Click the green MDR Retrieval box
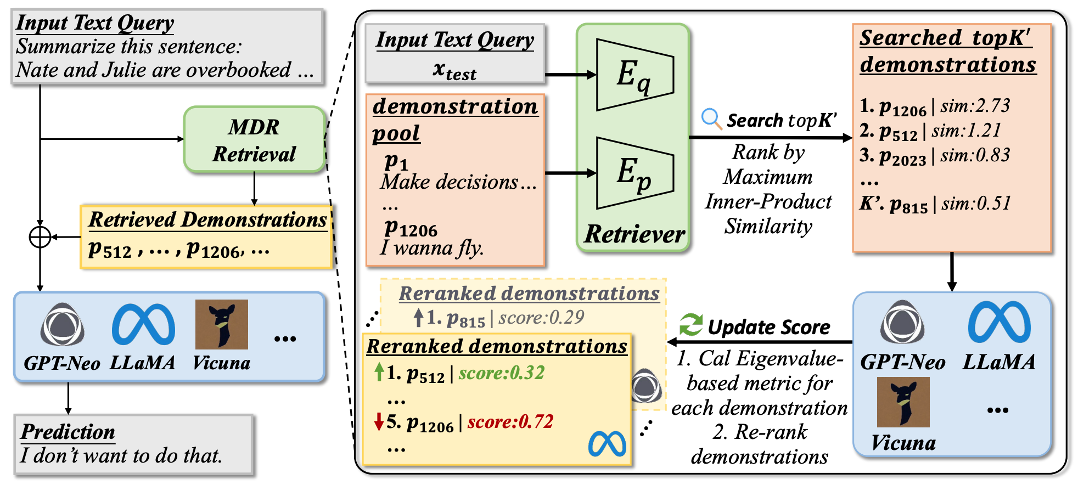click(254, 140)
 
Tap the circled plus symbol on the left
click(40, 237)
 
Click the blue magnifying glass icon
click(711, 119)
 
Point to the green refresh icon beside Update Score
click(691, 325)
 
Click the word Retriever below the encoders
click(635, 234)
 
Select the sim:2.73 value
click(975, 106)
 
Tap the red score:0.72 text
click(510, 422)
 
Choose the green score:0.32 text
click(502, 373)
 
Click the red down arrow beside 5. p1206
click(378, 422)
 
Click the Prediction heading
click(68, 432)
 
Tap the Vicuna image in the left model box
click(222, 324)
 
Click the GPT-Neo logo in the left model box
click(63, 324)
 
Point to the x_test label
click(454, 71)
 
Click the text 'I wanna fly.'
click(432, 249)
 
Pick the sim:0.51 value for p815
click(976, 204)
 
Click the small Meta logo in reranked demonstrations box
click(607, 444)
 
